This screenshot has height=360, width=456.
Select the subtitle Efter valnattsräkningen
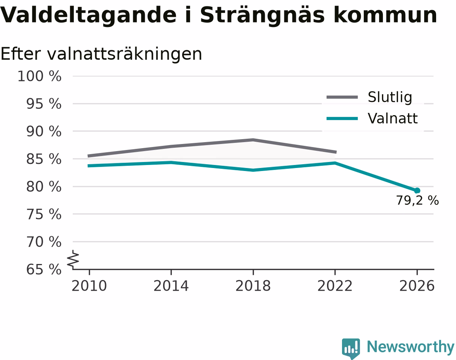[101, 54]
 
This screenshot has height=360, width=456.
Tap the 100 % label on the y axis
[39, 76]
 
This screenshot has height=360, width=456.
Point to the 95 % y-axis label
[44, 104]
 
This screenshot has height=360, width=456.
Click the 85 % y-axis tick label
[44, 159]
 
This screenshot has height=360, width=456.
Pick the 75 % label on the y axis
[44, 214]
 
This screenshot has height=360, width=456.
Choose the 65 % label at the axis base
[44, 270]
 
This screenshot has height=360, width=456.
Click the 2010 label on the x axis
[89, 286]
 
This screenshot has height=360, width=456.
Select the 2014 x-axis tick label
[171, 286]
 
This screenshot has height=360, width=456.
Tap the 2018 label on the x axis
[253, 286]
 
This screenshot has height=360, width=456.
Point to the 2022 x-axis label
[335, 286]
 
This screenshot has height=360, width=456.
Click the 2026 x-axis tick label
[417, 286]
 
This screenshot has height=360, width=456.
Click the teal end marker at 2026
[417, 191]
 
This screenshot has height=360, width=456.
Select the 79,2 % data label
[417, 201]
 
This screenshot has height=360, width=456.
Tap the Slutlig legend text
[390, 97]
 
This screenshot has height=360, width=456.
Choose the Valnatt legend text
[393, 118]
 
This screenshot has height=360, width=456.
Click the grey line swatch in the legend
[342, 97]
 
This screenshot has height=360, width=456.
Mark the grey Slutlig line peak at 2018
[253, 140]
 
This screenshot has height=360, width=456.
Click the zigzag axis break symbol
[73, 258]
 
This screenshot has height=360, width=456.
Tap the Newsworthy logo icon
[351, 348]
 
